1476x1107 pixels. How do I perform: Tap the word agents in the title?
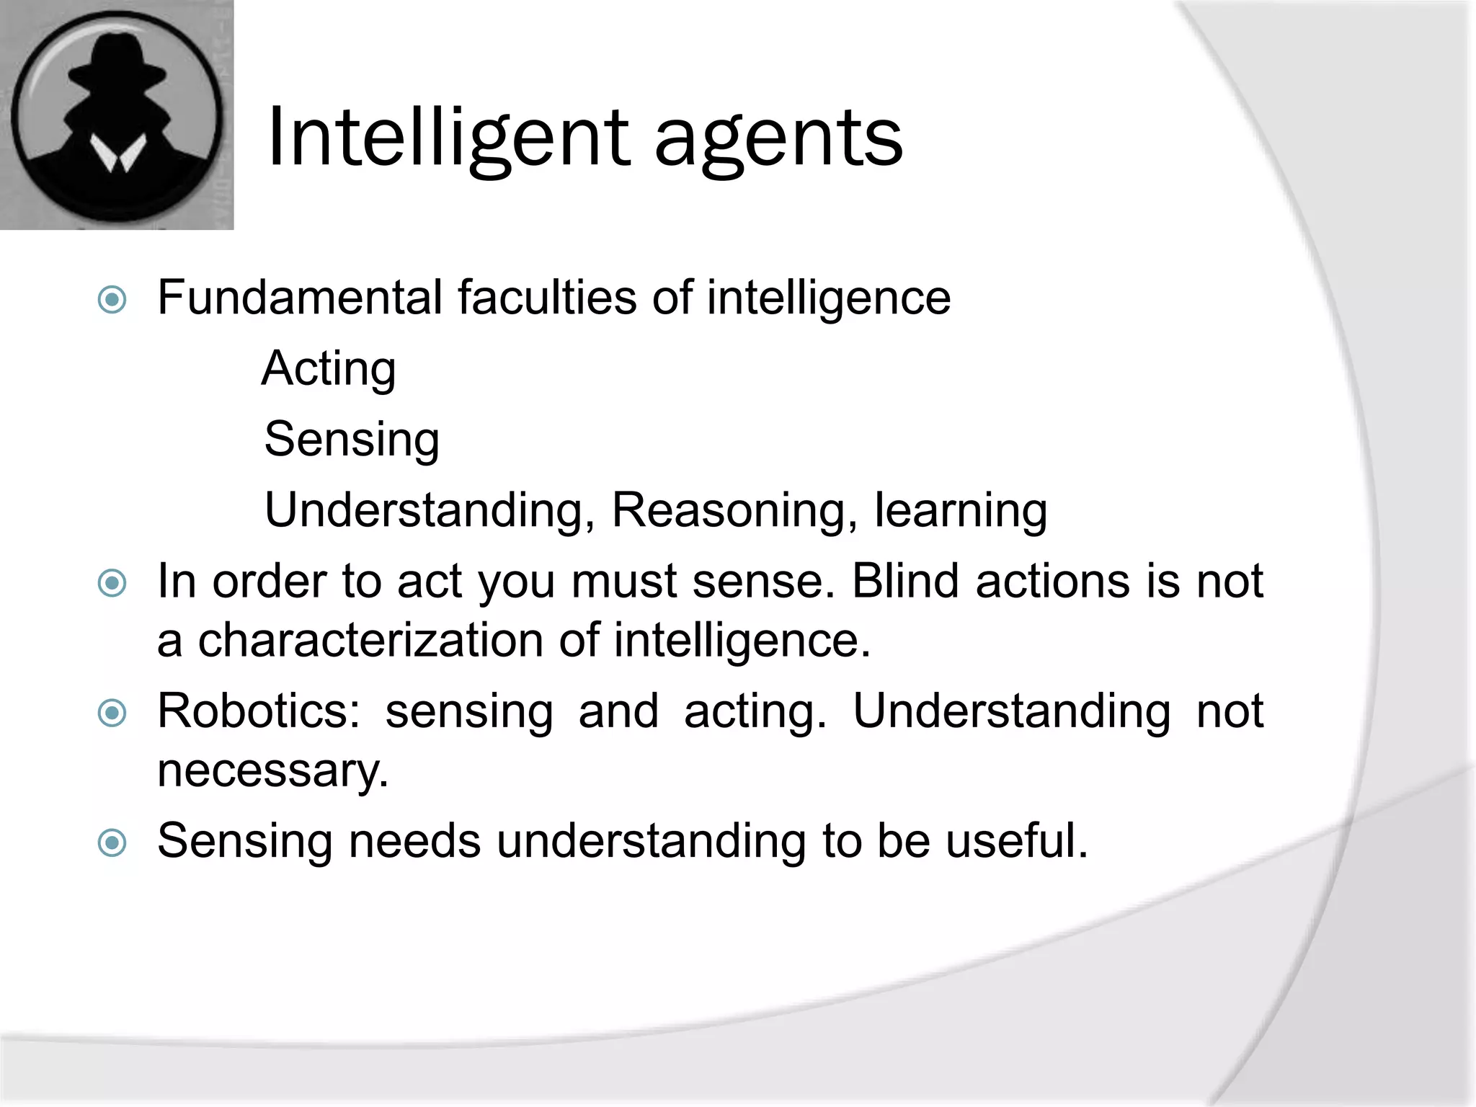click(778, 141)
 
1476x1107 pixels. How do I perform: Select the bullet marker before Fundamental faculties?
click(112, 299)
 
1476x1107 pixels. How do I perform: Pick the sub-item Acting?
click(329, 369)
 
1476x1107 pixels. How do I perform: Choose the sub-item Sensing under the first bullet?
click(352, 440)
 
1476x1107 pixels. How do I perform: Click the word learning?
click(961, 510)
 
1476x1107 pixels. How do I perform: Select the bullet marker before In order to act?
click(112, 582)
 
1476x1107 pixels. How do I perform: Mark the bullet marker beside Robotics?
click(112, 713)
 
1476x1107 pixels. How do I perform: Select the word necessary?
click(272, 770)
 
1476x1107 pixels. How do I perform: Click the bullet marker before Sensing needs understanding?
click(112, 842)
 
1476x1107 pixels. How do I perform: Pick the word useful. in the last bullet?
click(1016, 840)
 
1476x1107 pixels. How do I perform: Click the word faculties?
click(548, 297)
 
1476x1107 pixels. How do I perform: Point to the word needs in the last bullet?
click(415, 840)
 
